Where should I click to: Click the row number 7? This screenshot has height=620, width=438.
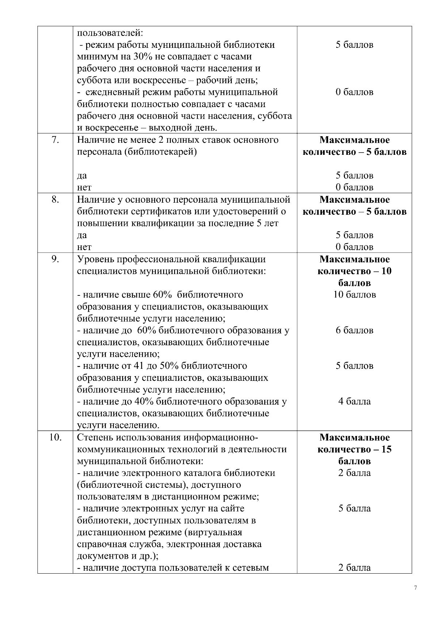point(55,140)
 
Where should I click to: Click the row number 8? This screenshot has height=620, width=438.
point(55,200)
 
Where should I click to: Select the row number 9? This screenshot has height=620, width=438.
point(55,260)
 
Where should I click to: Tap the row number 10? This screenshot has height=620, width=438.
point(55,437)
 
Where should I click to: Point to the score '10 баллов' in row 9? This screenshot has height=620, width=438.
point(354,295)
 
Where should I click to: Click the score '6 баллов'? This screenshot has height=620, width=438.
point(354,330)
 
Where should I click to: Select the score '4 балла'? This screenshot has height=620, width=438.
point(354,402)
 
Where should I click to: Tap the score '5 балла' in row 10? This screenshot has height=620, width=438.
point(354,509)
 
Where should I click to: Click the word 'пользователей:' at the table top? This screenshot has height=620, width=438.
point(110,33)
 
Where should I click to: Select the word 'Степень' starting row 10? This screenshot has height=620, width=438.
point(95,437)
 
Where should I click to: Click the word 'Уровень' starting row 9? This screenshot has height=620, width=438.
point(96,260)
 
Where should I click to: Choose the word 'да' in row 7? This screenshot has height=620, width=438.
point(82,176)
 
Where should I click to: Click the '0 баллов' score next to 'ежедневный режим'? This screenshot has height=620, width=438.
point(354,92)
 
